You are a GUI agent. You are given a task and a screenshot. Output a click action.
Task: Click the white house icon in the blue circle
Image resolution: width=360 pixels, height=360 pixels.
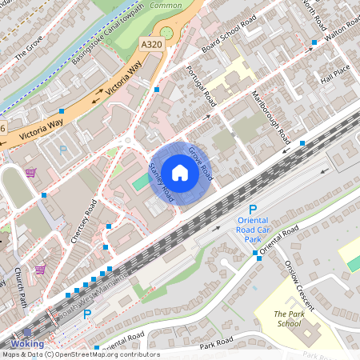click(x=180, y=173)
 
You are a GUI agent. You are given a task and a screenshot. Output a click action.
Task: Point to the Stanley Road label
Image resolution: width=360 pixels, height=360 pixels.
click(x=162, y=182)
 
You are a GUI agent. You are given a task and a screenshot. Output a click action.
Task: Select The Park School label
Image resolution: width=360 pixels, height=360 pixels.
click(x=289, y=318)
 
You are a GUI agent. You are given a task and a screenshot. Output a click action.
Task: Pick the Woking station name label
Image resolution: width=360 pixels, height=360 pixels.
click(x=27, y=344)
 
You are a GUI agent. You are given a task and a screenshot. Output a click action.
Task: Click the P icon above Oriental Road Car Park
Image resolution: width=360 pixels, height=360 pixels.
click(x=253, y=210)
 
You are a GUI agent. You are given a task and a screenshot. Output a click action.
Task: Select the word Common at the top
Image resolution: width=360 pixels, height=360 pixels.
click(x=166, y=5)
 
